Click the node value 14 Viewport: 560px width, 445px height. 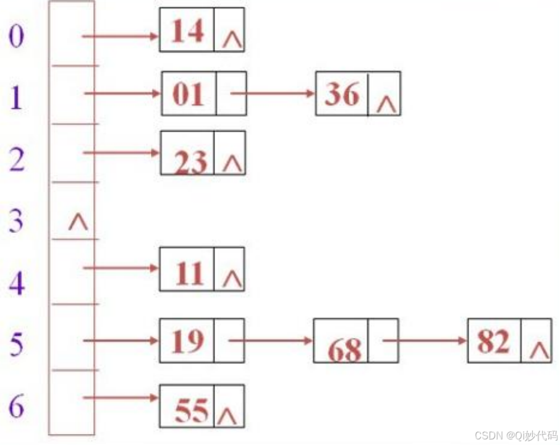(x=187, y=30)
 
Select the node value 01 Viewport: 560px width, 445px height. (x=188, y=94)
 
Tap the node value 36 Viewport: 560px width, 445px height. (x=342, y=94)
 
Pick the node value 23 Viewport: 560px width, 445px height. (x=190, y=163)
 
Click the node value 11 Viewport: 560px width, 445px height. (x=188, y=274)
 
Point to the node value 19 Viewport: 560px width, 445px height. (x=187, y=341)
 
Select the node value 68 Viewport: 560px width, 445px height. (x=344, y=350)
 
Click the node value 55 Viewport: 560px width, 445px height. (x=192, y=410)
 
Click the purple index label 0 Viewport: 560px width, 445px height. (x=16, y=36)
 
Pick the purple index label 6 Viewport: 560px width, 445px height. (x=17, y=405)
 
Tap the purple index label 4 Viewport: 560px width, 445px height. (x=17, y=282)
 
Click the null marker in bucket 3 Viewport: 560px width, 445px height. (x=78, y=221)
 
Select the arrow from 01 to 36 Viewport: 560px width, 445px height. (x=272, y=94)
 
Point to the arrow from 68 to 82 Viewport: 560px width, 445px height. (x=425, y=340)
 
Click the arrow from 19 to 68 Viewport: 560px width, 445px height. (x=271, y=340)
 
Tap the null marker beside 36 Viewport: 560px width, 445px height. (x=386, y=103)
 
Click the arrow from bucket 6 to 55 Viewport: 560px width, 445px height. (x=121, y=398)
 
